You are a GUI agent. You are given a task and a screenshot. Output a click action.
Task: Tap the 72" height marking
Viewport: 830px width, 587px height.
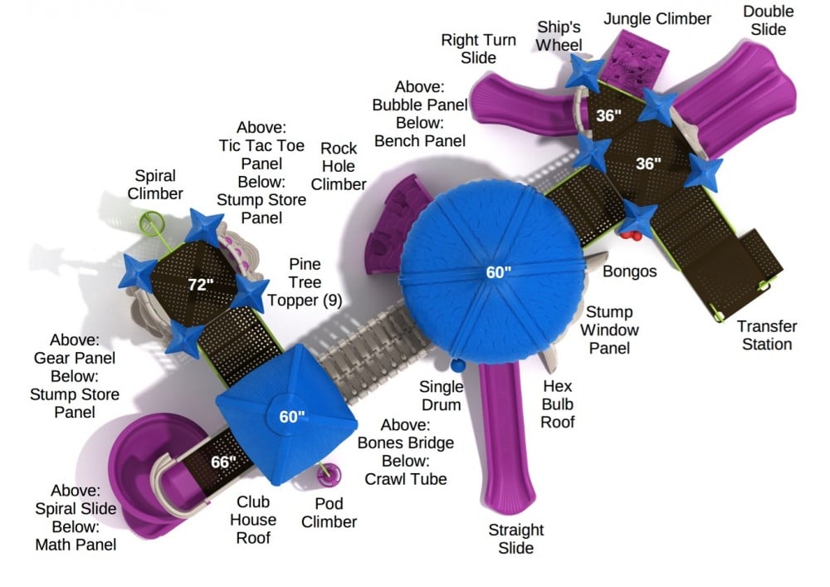(x=200, y=285)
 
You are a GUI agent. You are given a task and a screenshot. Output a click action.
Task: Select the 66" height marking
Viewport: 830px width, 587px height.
(x=222, y=461)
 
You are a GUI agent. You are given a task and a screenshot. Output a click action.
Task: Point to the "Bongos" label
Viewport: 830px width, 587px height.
(x=630, y=271)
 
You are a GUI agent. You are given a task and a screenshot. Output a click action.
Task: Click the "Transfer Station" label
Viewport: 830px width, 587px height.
(x=767, y=335)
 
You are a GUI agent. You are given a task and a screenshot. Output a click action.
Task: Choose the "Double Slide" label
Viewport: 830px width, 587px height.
(x=768, y=20)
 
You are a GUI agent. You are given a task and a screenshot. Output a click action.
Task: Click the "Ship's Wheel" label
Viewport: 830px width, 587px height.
(x=559, y=36)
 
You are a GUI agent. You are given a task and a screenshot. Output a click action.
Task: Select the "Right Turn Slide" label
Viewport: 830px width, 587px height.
(x=479, y=48)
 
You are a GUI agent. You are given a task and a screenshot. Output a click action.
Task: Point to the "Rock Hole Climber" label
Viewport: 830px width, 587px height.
(x=339, y=166)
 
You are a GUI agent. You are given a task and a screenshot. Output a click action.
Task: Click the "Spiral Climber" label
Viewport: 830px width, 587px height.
(x=156, y=184)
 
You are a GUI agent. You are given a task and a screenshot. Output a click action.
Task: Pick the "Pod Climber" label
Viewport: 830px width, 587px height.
(x=329, y=513)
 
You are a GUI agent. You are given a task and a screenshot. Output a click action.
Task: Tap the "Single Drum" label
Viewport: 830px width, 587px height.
(x=440, y=395)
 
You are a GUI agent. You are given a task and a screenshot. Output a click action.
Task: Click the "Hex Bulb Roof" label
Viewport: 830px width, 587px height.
(x=558, y=404)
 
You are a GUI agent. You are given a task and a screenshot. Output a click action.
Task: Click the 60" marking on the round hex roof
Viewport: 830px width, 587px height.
(x=498, y=271)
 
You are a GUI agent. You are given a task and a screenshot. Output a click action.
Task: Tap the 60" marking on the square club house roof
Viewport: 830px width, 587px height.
(x=291, y=417)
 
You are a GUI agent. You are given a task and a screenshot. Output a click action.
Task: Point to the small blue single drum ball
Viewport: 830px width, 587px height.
(x=456, y=364)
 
